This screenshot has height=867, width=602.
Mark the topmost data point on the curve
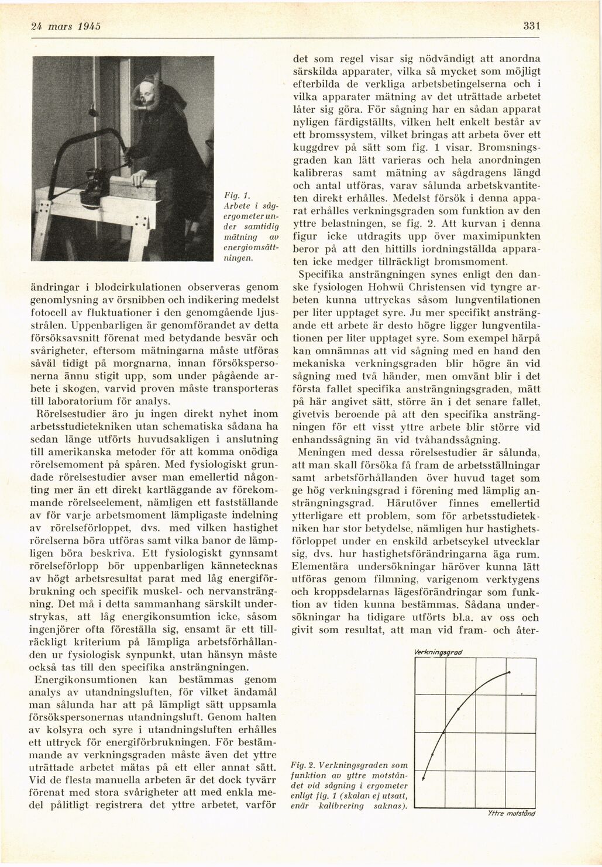510,673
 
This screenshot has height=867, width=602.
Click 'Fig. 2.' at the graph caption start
303,765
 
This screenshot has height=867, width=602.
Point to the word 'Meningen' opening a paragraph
321,452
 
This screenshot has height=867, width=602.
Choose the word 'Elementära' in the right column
322,566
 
